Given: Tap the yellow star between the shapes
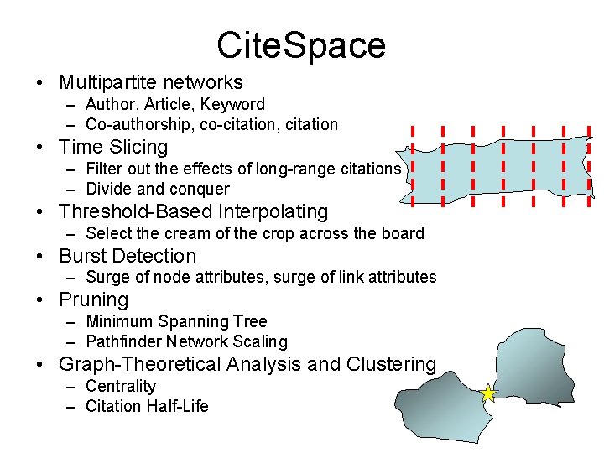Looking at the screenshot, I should click(x=488, y=393).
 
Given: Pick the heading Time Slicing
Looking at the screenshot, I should click(x=113, y=147).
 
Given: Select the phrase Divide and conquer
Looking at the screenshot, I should click(x=158, y=189).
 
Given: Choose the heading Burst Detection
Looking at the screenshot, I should click(x=128, y=256).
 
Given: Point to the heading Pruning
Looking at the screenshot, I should click(x=93, y=299).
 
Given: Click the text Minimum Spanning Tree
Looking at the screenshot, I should click(x=176, y=321).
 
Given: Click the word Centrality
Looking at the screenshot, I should click(x=121, y=386).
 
